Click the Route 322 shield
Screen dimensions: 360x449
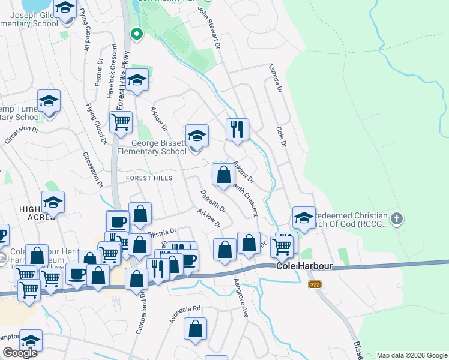(x=315, y=284)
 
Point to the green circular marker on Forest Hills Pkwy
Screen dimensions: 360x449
(x=137, y=34)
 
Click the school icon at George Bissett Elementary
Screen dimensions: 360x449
(x=196, y=137)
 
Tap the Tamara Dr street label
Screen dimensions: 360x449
(x=276, y=78)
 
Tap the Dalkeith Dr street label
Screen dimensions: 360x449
(x=212, y=202)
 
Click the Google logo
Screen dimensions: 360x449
(x=20, y=353)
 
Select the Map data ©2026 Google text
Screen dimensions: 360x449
(x=412, y=355)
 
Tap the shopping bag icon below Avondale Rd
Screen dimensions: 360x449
(x=195, y=329)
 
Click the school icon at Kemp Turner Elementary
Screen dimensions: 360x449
(x=49, y=101)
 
